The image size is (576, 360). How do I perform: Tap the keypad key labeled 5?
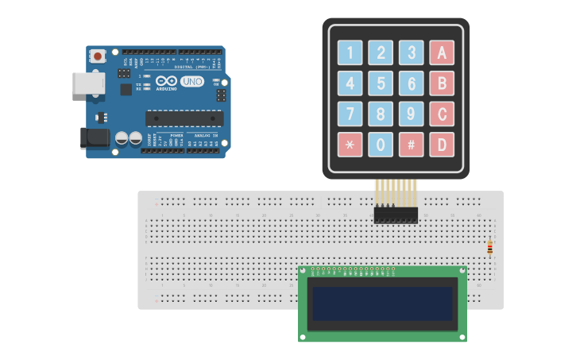pos(381,83)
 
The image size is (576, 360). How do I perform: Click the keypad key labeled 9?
pos(411,114)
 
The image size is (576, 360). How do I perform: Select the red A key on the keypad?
pos(442,52)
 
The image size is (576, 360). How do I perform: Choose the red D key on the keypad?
pos(442,145)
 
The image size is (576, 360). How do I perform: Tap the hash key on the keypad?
pos(411,145)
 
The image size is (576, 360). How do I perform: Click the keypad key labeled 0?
pos(381,145)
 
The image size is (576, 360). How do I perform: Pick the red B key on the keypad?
pos(442,83)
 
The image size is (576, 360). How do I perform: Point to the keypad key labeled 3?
pos(411,52)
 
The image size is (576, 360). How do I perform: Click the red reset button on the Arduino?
pos(98,56)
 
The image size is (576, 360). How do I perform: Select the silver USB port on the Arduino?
pos(87,83)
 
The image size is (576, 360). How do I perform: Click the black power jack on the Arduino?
pos(95,138)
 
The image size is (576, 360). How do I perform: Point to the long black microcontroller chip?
pos(184,118)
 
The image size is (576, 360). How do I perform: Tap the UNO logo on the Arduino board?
pos(191,81)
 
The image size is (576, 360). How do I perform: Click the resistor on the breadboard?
pos(489,247)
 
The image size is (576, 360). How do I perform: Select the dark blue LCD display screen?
pos(382,304)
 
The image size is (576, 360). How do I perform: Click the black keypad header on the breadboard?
pos(396,215)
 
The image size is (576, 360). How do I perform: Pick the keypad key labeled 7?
pos(350,114)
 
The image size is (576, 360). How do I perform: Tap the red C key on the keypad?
pos(442,114)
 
